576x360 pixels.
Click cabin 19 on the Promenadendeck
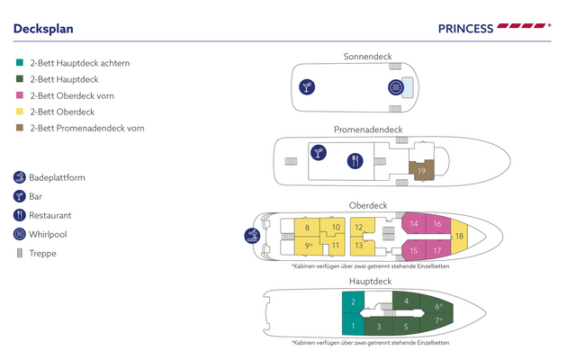tap(421, 170)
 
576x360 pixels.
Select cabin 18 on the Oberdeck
tap(459, 236)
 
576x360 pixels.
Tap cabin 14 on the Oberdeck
tap(414, 223)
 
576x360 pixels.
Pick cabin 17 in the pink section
tap(437, 250)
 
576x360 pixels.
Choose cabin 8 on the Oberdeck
tap(307, 228)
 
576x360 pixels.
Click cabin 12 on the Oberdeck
tap(362, 227)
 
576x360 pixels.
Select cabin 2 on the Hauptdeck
tap(353, 302)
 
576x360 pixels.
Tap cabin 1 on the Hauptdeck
tap(353, 326)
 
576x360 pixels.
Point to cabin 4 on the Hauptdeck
tap(406, 301)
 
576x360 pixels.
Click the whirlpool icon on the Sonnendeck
tap(396, 87)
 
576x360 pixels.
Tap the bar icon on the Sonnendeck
tap(307, 87)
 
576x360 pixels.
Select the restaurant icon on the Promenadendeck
tap(355, 161)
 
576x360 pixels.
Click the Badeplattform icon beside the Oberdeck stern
tap(252, 236)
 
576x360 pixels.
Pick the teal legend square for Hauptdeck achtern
tap(20, 62)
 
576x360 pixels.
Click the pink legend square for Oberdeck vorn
tap(20, 95)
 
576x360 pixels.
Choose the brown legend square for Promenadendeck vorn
tap(20, 128)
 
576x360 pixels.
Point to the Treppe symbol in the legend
tap(20, 253)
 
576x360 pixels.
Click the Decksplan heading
tap(43, 29)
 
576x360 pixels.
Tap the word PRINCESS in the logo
tap(465, 29)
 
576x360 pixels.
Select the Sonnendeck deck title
tap(368, 57)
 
